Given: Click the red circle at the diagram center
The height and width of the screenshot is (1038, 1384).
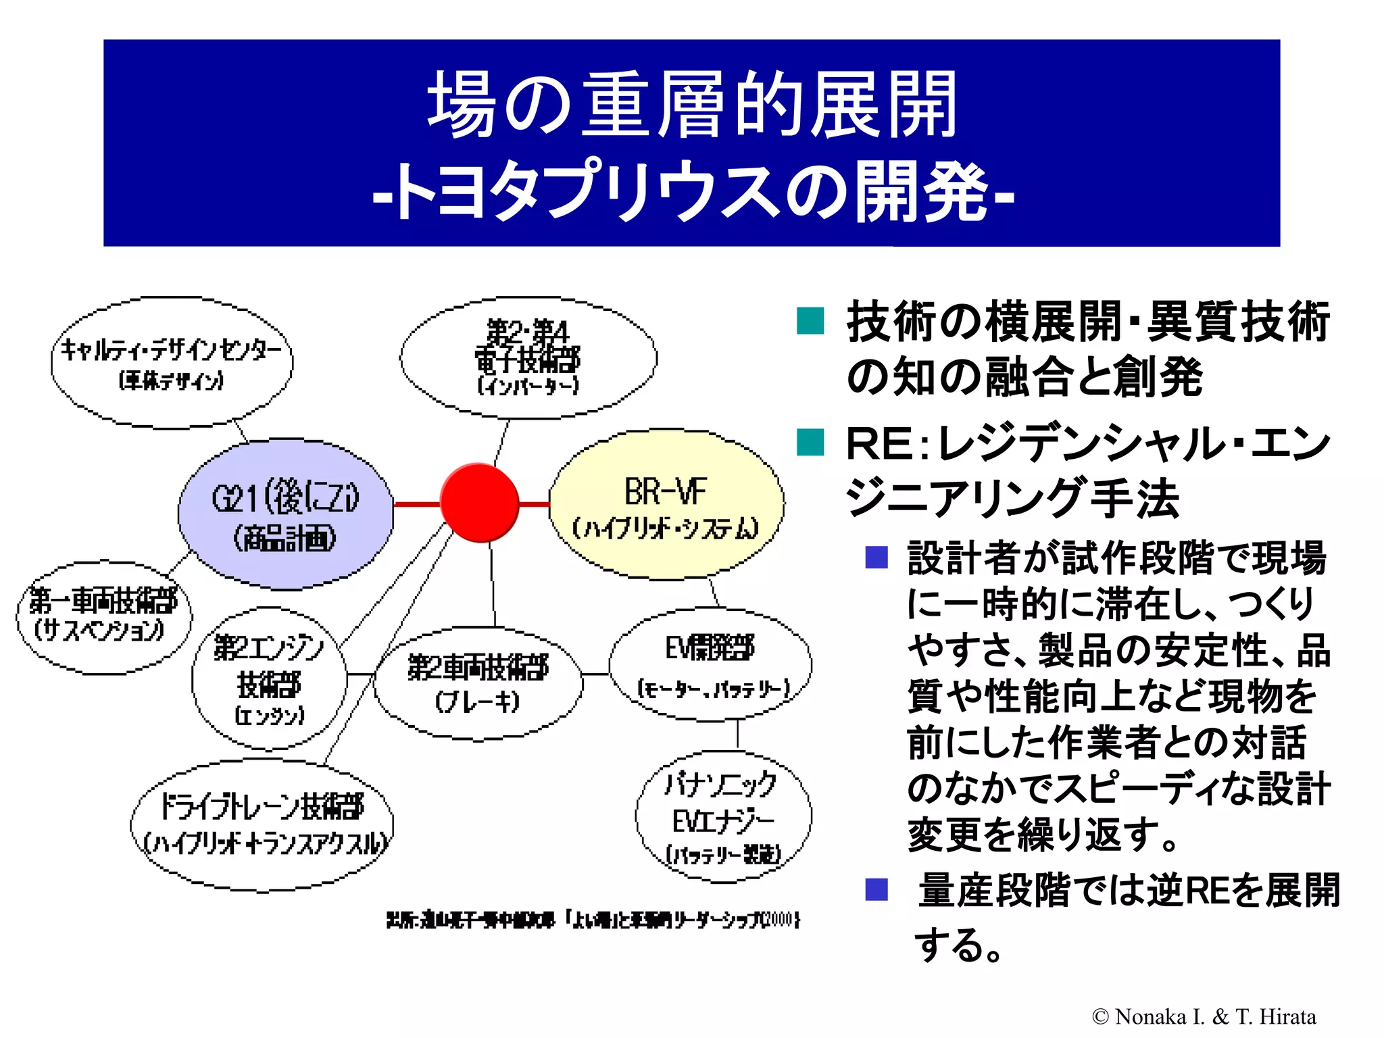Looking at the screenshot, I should [479, 503].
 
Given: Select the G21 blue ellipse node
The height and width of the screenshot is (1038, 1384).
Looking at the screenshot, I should [285, 514].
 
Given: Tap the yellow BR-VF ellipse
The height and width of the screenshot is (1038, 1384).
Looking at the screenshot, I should [666, 505].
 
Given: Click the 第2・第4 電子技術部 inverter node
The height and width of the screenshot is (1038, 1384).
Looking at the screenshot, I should [528, 357].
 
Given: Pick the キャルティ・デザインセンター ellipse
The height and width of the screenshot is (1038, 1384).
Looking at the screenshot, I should [172, 362].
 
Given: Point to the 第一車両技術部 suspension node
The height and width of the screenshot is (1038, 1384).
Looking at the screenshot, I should [103, 617].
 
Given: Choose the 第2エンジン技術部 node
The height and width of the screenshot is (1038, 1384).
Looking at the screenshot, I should [269, 678].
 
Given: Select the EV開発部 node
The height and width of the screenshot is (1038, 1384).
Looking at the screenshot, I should [710, 665].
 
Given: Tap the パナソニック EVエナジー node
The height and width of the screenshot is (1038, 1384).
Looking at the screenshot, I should [723, 818].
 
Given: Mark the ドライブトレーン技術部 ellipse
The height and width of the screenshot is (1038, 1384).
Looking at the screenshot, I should [262, 824].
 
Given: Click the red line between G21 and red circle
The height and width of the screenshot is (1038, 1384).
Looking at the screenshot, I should [416, 504].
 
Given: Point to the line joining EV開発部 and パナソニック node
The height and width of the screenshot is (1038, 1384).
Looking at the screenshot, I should [737, 734].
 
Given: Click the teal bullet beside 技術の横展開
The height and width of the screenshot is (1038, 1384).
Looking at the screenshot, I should [810, 321].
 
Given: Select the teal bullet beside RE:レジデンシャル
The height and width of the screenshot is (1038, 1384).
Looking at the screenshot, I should [810, 443].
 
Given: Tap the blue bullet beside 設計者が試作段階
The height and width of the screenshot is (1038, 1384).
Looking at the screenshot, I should [876, 558].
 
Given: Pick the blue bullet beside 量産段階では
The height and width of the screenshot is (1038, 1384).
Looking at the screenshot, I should [876, 889].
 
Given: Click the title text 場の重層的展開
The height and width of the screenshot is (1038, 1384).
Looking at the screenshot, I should [691, 105].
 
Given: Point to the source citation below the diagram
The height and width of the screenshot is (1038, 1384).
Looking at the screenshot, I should [593, 920].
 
